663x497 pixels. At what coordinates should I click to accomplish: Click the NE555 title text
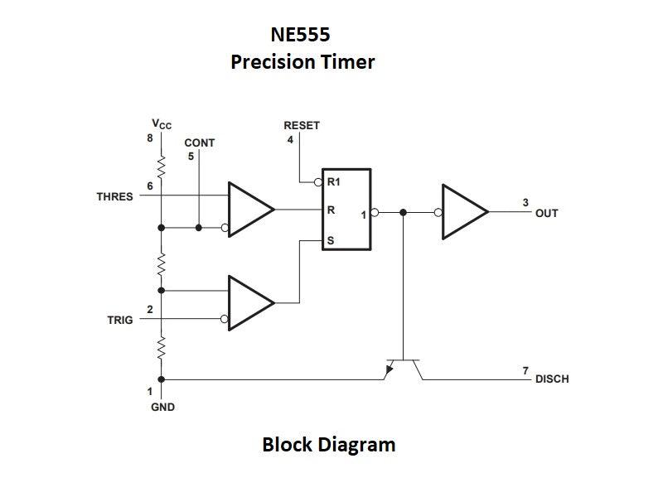click(300, 35)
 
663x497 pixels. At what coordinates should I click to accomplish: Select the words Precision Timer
click(302, 62)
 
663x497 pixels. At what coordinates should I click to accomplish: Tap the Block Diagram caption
click(328, 445)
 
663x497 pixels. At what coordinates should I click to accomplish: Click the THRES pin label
click(114, 197)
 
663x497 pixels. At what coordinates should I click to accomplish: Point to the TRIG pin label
click(119, 320)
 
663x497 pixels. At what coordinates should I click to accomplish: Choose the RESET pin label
click(302, 126)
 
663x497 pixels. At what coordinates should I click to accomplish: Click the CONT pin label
click(199, 142)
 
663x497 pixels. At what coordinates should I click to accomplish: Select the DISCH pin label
click(552, 379)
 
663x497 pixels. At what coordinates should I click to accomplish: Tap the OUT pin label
click(547, 213)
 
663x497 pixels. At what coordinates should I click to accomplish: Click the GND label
click(162, 408)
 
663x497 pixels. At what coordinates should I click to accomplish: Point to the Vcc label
click(162, 125)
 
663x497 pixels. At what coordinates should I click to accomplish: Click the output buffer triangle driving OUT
click(465, 212)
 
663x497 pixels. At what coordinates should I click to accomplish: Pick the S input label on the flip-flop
click(331, 241)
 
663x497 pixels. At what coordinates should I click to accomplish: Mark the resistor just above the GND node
click(162, 349)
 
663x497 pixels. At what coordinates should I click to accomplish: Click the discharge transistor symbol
click(403, 365)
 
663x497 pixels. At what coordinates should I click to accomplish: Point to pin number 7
click(525, 369)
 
